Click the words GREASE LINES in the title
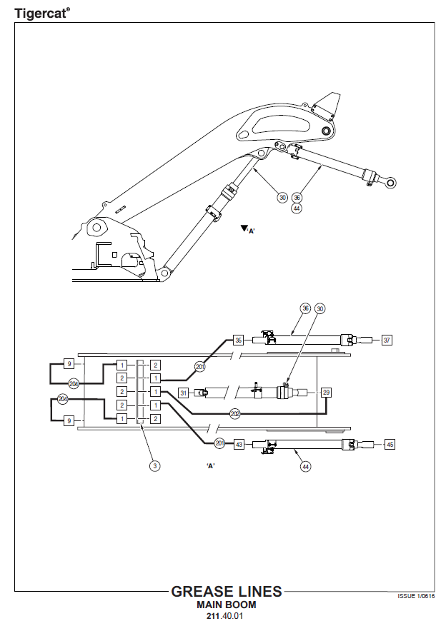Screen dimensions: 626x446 point(227,592)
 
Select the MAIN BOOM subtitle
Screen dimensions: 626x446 point(226,605)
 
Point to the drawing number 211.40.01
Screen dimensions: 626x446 point(226,616)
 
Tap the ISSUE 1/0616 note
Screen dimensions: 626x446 point(416,595)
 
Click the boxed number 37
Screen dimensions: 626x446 point(387,340)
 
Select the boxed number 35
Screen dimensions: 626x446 point(239,340)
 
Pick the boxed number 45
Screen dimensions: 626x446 point(390,444)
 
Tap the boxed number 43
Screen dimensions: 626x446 point(239,444)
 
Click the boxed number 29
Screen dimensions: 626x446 point(326,393)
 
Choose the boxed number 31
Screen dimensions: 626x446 point(183,393)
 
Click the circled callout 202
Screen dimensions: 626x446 point(235,413)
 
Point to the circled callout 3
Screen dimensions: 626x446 point(154,466)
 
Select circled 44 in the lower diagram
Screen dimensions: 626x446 point(305,466)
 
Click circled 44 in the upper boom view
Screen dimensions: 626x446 point(297,208)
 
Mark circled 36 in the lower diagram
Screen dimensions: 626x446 point(305,308)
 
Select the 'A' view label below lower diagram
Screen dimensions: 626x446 point(211,465)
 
